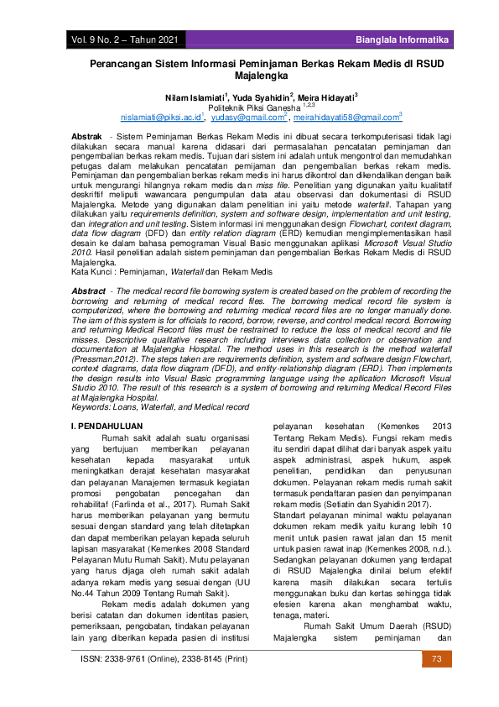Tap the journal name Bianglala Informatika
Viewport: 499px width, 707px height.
(402, 40)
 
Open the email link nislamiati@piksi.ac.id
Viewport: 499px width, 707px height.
(161, 118)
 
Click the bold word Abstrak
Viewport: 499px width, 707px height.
(87, 135)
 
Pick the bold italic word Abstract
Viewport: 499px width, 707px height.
(88, 290)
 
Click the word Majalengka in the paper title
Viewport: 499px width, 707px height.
(249, 76)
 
